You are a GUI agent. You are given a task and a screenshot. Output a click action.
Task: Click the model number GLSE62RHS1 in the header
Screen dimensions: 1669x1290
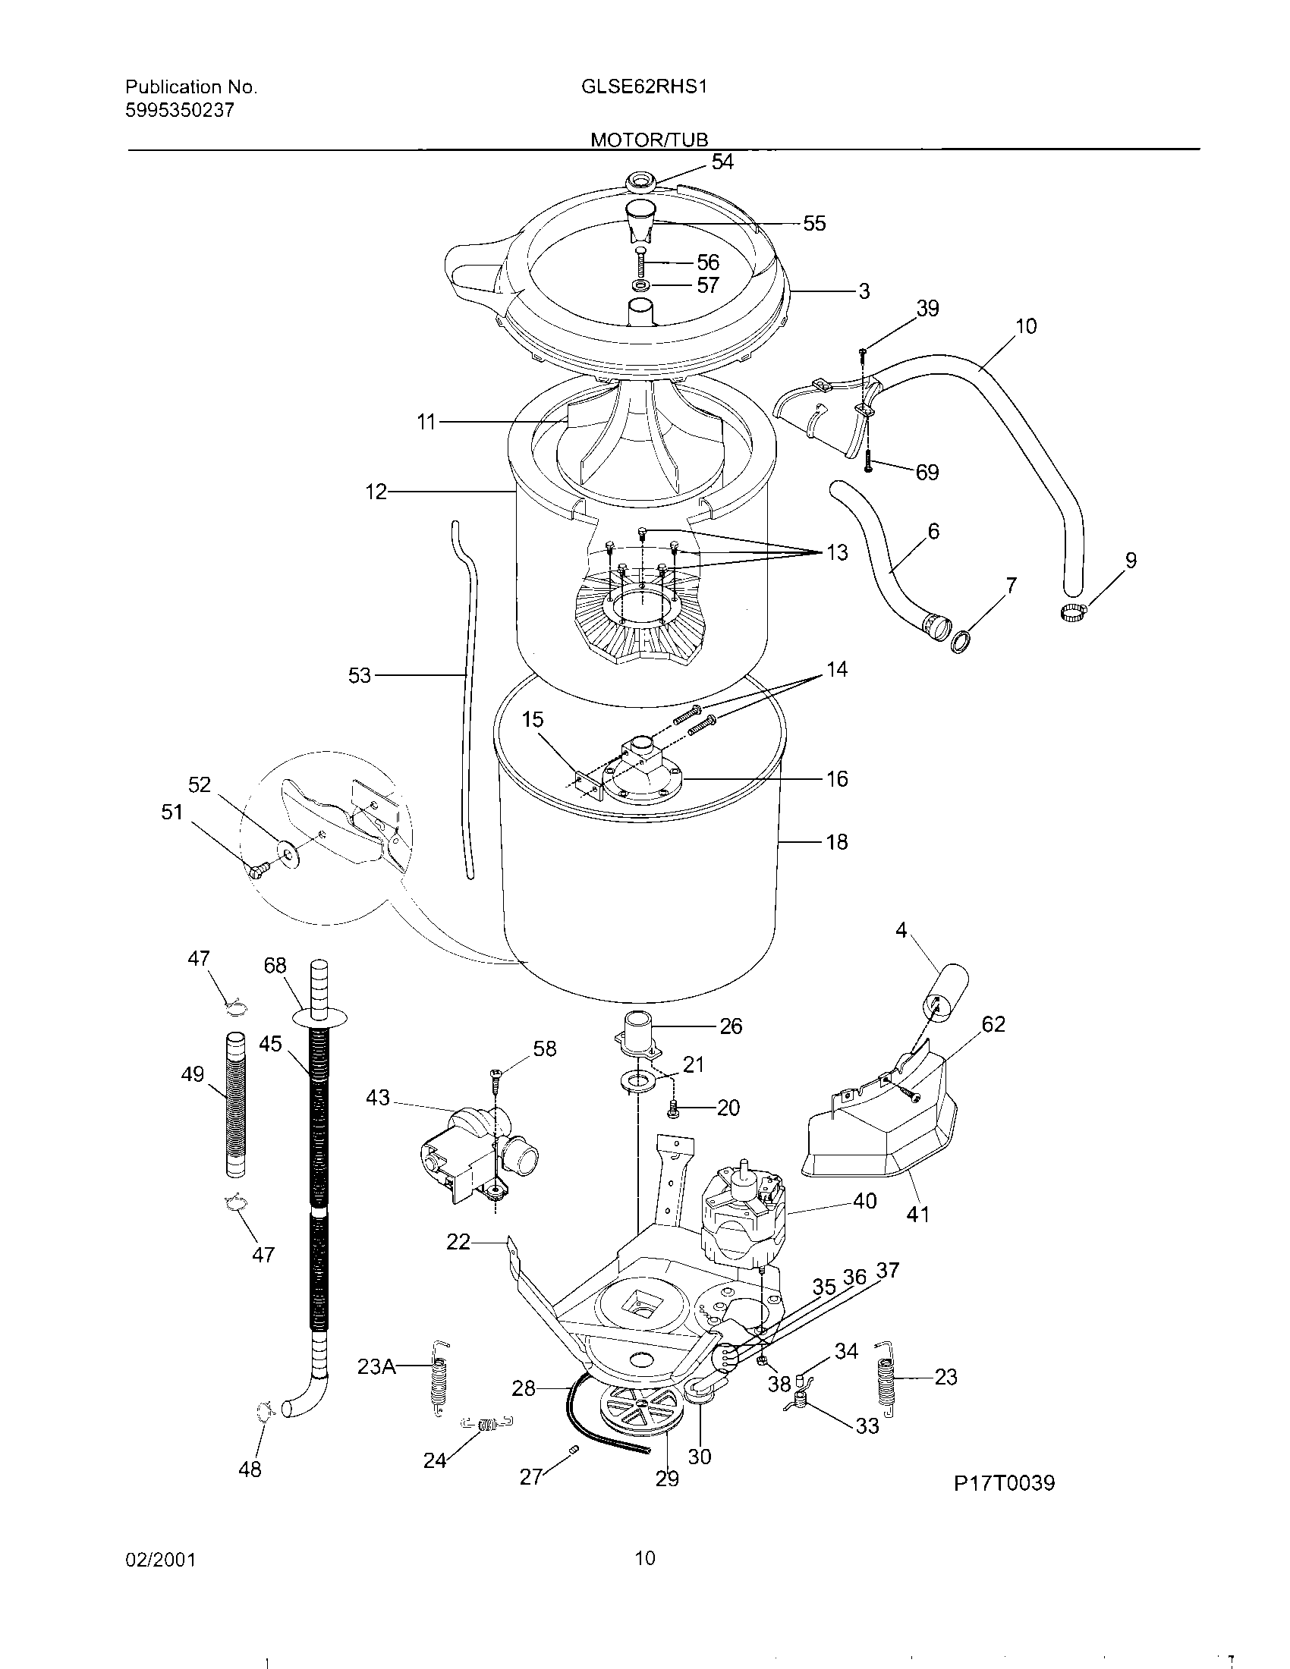(x=643, y=87)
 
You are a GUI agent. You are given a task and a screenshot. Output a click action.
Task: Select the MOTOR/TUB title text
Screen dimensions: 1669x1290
(x=649, y=140)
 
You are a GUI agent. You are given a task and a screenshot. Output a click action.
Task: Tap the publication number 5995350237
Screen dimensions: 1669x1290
(x=180, y=111)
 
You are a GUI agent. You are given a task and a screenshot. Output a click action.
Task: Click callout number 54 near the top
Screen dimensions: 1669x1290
(x=722, y=162)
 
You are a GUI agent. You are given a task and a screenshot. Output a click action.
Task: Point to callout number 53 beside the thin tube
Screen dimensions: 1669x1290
(x=359, y=675)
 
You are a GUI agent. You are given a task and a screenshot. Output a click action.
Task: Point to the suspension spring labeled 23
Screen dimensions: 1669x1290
(x=886, y=1375)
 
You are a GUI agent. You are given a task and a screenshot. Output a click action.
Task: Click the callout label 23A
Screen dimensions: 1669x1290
(x=376, y=1366)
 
